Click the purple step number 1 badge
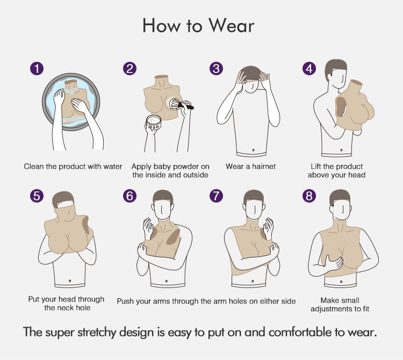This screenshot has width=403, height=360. (x=37, y=69)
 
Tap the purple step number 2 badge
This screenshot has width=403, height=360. (x=129, y=69)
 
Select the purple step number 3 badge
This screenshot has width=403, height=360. (x=216, y=69)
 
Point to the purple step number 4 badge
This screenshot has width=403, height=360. (x=309, y=69)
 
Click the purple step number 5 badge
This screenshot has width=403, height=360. (x=37, y=196)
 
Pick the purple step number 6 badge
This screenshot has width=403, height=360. (x=129, y=196)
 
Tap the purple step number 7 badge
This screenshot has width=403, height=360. (x=216, y=196)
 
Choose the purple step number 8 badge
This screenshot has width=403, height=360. (x=309, y=196)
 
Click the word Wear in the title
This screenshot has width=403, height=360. (x=231, y=25)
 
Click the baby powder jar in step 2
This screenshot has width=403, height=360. (x=154, y=123)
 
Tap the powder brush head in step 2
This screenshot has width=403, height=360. (x=176, y=104)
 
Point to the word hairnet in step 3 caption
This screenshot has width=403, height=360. (x=264, y=167)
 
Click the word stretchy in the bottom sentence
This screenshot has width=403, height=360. (x=97, y=333)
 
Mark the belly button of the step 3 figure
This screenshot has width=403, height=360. (x=254, y=150)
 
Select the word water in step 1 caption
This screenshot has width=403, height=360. (x=113, y=167)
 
